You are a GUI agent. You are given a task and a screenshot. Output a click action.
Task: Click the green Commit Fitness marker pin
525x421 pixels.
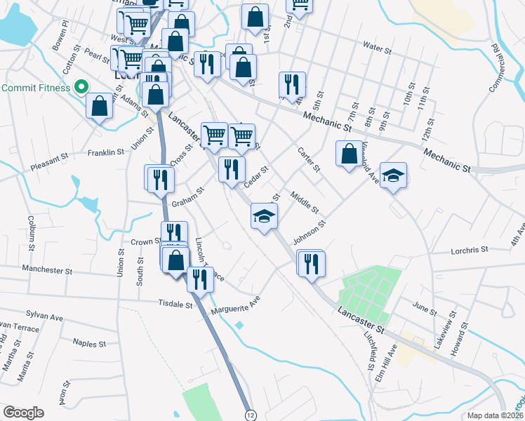point(81,88)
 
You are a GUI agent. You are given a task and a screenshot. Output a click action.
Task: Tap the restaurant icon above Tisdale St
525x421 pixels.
point(200,279)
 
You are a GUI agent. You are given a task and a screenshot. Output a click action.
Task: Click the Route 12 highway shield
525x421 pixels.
point(250,415)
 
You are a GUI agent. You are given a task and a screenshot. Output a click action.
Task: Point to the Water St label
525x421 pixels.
point(377,48)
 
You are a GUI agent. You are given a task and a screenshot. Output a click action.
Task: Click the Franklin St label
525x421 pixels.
point(105,152)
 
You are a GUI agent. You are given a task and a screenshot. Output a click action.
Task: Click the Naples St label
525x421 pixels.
point(89,343)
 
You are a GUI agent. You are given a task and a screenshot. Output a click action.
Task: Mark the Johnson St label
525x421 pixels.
point(310,234)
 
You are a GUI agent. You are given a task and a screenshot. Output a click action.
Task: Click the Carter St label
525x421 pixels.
point(308,159)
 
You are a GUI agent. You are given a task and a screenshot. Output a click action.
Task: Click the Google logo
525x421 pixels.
point(23,413)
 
